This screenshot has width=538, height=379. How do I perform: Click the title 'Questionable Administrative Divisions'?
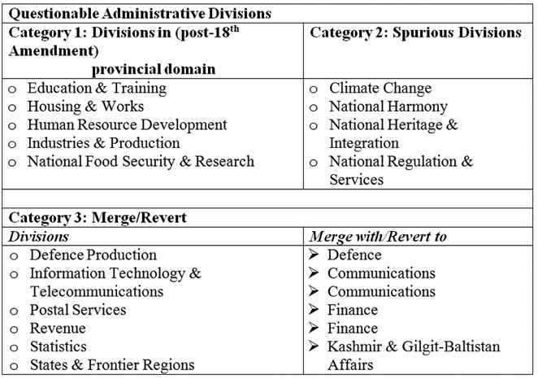139,14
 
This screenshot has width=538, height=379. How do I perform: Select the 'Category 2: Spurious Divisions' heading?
415,33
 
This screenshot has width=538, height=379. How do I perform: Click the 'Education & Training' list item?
97,88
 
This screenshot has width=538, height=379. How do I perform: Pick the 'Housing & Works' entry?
86,107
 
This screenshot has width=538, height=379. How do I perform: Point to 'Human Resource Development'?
127,125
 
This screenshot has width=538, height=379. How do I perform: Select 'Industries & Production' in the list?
103,143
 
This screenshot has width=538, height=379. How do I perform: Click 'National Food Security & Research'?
141,161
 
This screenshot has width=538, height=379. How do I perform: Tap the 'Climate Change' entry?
380,88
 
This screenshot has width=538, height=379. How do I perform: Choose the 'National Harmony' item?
388,107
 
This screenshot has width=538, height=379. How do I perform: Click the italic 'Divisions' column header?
38,236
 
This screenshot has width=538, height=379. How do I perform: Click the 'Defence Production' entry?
93,255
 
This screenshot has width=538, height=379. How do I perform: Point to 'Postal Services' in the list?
78,310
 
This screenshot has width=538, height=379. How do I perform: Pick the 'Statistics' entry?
59,346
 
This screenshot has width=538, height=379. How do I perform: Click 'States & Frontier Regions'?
111,364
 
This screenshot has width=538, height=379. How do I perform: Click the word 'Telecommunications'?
97,291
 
